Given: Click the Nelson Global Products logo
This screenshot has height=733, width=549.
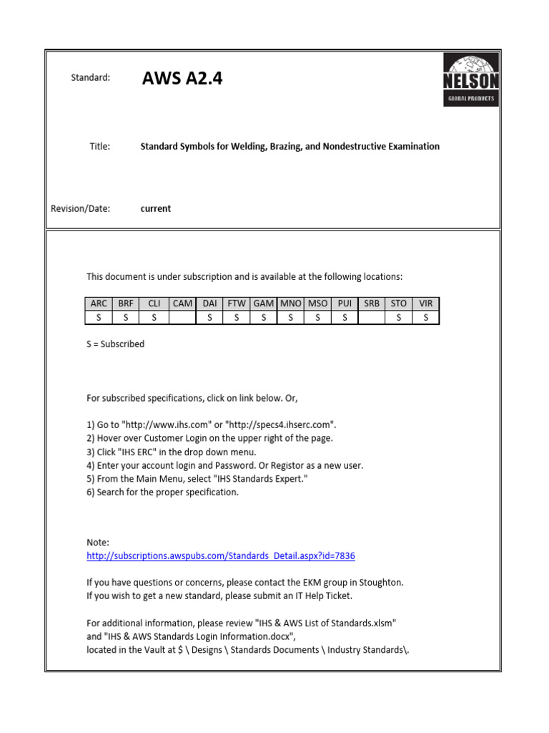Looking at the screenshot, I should (471, 79).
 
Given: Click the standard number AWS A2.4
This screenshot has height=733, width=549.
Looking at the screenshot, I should (182, 79).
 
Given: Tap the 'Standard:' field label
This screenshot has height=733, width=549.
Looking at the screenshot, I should (90, 78).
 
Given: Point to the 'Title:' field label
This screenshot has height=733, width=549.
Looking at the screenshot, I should (99, 146).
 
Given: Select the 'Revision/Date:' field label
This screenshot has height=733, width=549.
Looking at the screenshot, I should (80, 208).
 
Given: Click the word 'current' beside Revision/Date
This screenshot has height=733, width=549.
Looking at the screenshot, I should (156, 208).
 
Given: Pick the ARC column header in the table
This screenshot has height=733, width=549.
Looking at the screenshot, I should (99, 304).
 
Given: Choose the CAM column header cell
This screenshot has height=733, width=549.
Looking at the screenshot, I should (182, 304).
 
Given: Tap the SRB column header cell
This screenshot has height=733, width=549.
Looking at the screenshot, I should (371, 304).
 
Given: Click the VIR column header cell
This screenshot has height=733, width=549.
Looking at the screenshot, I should (426, 304).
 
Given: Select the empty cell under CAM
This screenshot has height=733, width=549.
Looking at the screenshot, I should (182, 317).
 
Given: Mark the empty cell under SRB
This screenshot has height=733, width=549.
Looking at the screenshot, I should (371, 317).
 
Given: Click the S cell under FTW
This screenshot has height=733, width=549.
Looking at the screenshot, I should (237, 317).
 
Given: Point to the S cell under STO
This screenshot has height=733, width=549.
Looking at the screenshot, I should (398, 317).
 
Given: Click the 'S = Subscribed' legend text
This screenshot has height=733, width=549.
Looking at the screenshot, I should (115, 344).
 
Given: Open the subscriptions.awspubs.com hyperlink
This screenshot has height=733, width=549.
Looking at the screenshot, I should (221, 555).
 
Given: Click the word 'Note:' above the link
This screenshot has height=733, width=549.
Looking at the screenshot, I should (98, 543).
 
